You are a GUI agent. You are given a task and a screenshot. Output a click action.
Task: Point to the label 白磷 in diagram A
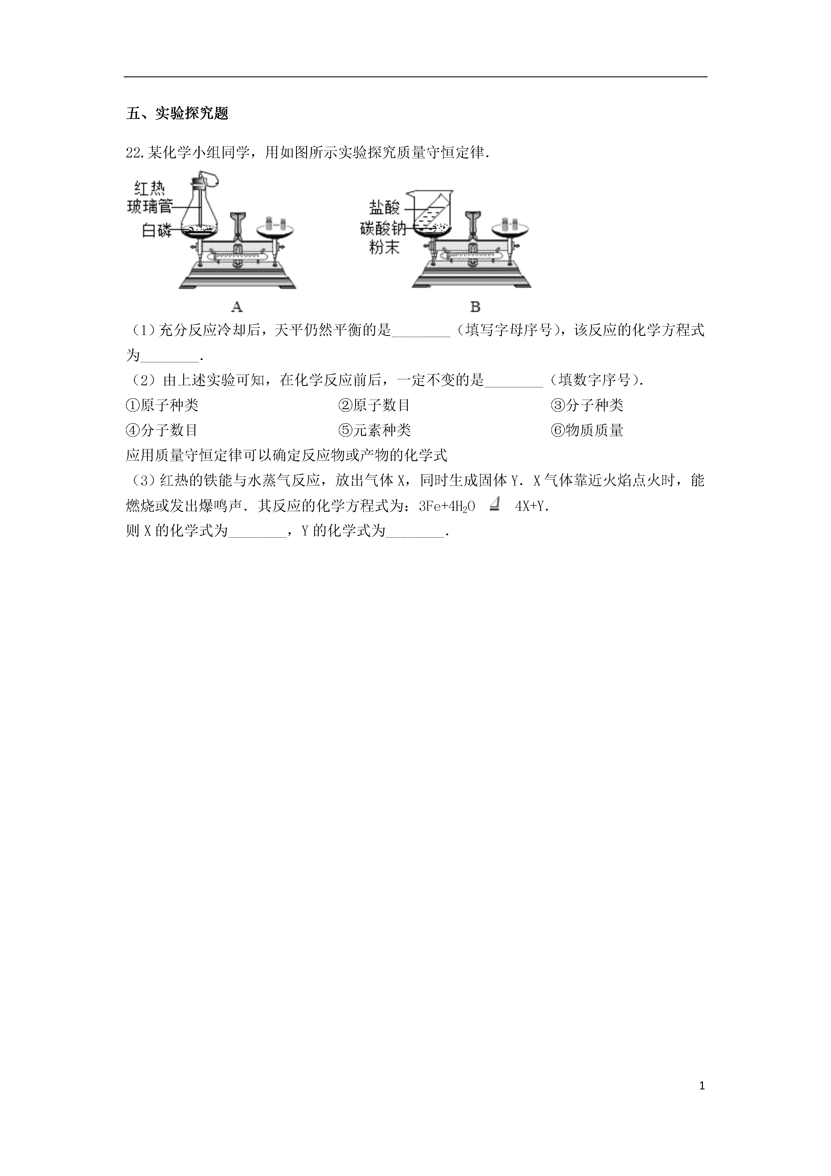(157, 231)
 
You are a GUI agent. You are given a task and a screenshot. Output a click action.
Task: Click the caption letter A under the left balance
(237, 307)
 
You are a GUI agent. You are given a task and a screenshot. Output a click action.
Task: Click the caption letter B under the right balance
(475, 307)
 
